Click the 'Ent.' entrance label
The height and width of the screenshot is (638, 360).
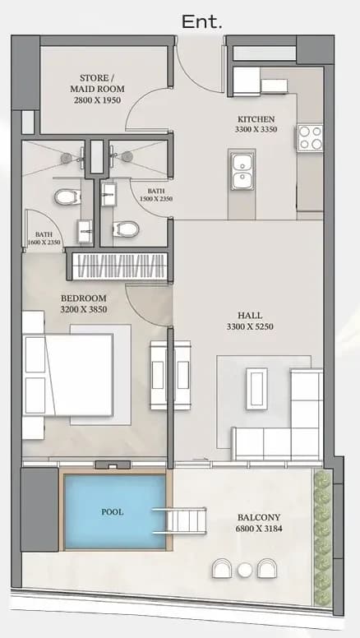click(x=201, y=21)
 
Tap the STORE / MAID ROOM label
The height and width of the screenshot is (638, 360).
click(x=97, y=83)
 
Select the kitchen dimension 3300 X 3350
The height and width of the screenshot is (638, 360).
click(x=256, y=129)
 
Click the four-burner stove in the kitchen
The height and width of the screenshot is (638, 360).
click(x=311, y=138)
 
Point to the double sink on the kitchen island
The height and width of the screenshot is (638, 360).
click(x=242, y=169)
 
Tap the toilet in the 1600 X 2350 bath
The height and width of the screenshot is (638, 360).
click(x=67, y=197)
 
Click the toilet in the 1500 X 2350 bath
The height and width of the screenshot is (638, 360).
click(x=125, y=229)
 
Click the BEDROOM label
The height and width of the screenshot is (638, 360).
click(x=83, y=298)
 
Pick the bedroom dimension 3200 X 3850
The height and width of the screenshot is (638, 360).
click(x=83, y=309)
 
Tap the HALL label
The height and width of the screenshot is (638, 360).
click(x=250, y=316)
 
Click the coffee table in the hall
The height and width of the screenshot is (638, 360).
click(x=256, y=388)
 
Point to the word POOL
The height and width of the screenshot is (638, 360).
click(x=113, y=512)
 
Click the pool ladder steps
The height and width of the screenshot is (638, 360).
click(x=179, y=520)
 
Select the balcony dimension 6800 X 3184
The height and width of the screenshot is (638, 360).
click(x=259, y=529)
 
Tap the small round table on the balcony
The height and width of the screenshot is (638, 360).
click(x=245, y=570)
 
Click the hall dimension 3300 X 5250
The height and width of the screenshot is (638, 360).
click(x=250, y=326)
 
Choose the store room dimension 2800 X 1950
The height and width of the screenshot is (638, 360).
click(x=97, y=99)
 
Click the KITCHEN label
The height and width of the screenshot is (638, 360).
click(x=256, y=119)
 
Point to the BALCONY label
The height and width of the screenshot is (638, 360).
click(x=259, y=518)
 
